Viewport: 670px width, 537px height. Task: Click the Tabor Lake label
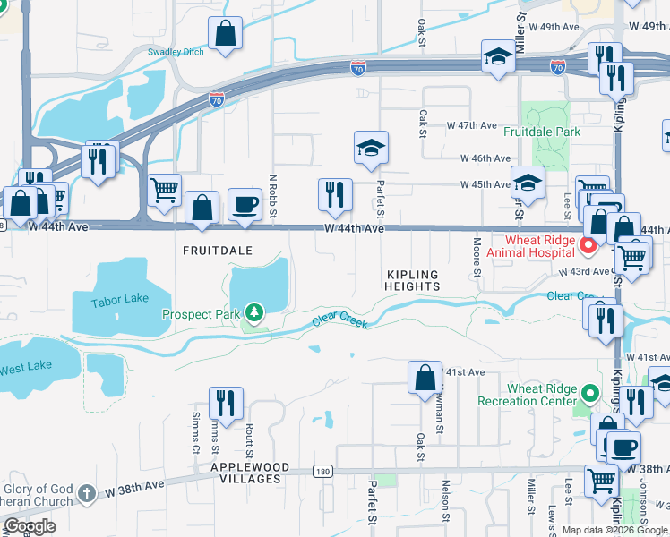pyautogui.click(x=117, y=302)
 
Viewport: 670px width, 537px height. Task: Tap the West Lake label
pyautogui.click(x=25, y=368)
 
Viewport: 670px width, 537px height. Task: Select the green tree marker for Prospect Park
pyautogui.click(x=255, y=312)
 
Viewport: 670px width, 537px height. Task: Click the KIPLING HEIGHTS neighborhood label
pyautogui.click(x=413, y=280)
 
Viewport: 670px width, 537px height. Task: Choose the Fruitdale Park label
pyautogui.click(x=541, y=132)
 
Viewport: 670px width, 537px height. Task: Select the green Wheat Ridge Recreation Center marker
pyautogui.click(x=590, y=393)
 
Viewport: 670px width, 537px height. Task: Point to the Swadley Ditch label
pyautogui.click(x=176, y=52)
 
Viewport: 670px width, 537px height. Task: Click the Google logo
pyautogui.click(x=30, y=526)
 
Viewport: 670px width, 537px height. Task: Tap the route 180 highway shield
pyautogui.click(x=323, y=470)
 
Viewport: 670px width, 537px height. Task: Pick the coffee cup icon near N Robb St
pyautogui.click(x=245, y=205)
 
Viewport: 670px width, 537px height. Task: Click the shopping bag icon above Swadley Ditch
pyautogui.click(x=226, y=34)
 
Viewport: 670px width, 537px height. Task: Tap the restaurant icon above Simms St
pyautogui.click(x=226, y=402)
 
